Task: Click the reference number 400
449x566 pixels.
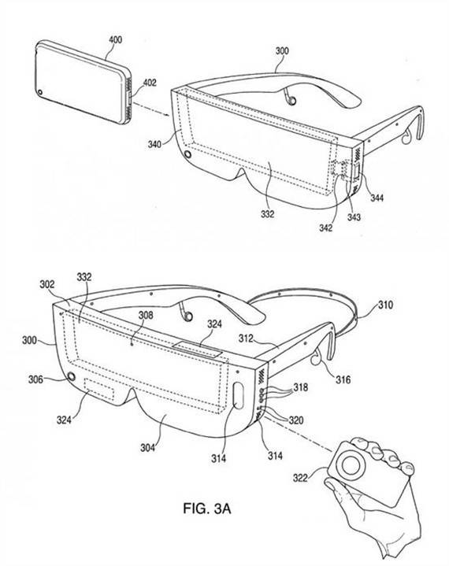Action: point(116,39)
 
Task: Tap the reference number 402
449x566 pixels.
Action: point(150,83)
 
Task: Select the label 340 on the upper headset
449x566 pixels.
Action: point(154,145)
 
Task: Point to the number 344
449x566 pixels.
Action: point(377,198)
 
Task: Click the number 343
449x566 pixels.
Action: point(354,217)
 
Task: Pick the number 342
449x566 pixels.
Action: point(326,228)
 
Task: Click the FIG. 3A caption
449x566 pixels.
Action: point(207,509)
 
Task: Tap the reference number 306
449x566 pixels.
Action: point(35,379)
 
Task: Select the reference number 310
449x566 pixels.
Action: point(385,305)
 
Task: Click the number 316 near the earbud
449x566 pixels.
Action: point(343,379)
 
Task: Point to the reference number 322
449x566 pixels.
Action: point(300,479)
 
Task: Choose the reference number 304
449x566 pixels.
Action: point(148,448)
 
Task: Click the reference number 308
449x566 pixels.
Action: point(146,316)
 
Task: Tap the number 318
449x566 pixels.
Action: point(301,387)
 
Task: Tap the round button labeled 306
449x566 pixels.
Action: point(71,376)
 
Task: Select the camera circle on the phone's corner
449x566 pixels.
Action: point(40,92)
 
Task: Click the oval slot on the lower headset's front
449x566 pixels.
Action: point(239,395)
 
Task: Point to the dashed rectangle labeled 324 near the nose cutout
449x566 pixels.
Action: point(99,389)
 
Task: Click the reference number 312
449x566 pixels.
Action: point(246,338)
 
